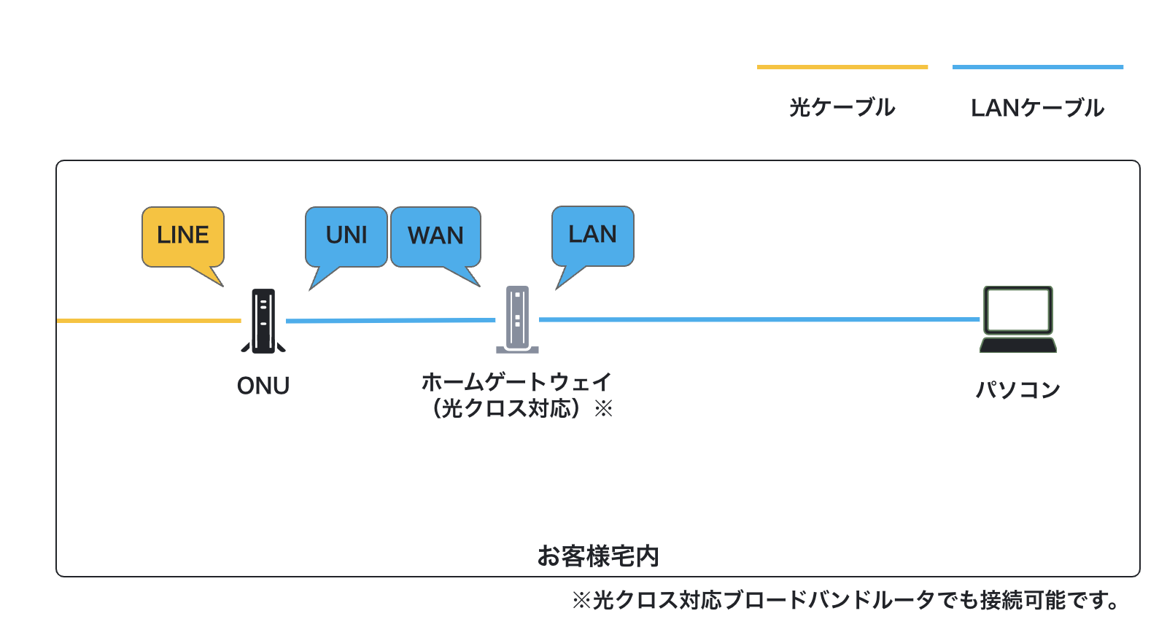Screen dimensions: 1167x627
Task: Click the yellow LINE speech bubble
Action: coord(183,238)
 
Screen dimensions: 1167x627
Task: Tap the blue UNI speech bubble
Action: coord(346,238)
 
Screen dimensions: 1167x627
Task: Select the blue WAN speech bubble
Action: coord(435,238)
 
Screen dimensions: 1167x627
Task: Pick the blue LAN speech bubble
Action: coord(593,236)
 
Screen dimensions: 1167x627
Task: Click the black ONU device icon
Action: coord(263,321)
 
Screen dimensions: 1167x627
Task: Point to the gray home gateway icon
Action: coord(517,319)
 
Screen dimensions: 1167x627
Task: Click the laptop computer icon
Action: coord(1018,319)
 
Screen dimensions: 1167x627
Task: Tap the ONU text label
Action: coord(263,386)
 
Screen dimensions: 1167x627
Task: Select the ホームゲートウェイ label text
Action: coord(516,382)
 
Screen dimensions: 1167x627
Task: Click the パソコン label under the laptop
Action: coord(1018,389)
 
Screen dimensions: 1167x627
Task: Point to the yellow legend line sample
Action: coord(842,66)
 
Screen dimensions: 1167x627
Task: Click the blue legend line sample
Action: coord(1037,66)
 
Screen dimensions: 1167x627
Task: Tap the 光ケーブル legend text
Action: coord(842,108)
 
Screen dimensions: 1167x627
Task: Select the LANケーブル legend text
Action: coord(1037,108)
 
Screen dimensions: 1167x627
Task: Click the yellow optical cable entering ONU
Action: coord(149,321)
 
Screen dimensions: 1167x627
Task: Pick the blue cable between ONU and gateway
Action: coord(391,320)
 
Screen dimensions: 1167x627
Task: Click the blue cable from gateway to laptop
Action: coord(759,319)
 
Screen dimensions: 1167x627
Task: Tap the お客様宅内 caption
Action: coord(598,556)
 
